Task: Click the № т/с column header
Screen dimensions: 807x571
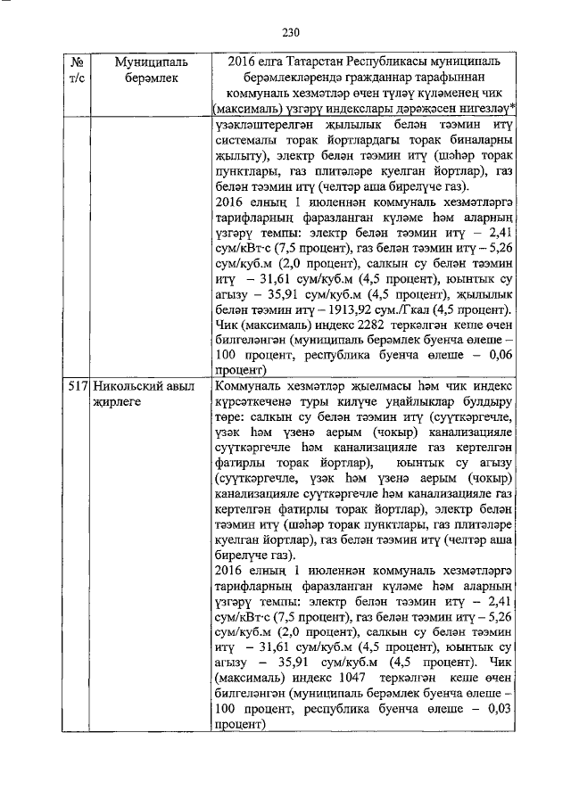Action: coord(79,71)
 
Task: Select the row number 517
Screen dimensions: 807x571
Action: coord(79,388)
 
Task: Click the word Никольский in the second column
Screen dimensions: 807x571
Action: coord(127,388)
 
